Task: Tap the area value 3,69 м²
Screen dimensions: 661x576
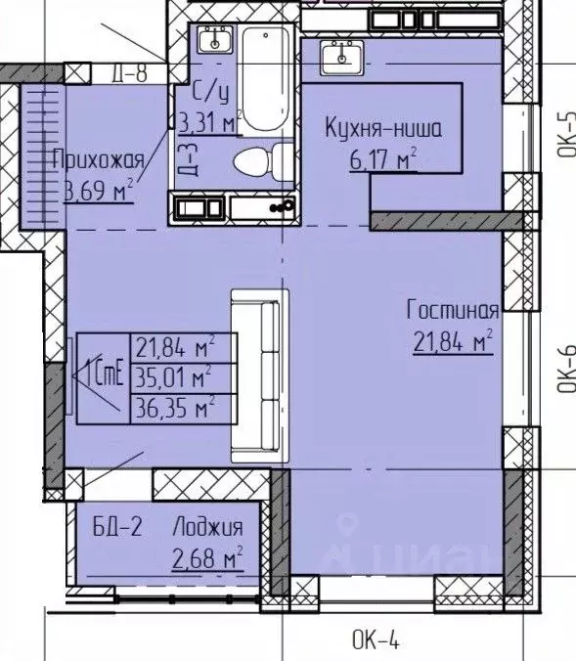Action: [98, 191]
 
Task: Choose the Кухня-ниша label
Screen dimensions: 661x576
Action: [382, 127]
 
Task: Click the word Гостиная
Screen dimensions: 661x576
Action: [453, 311]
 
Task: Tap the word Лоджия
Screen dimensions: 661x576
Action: [206, 529]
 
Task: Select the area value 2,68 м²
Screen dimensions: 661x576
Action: [206, 558]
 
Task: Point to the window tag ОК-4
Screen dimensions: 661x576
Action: [375, 641]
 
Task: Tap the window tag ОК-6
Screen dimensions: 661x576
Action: [564, 370]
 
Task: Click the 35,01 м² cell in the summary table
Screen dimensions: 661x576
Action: [175, 375]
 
